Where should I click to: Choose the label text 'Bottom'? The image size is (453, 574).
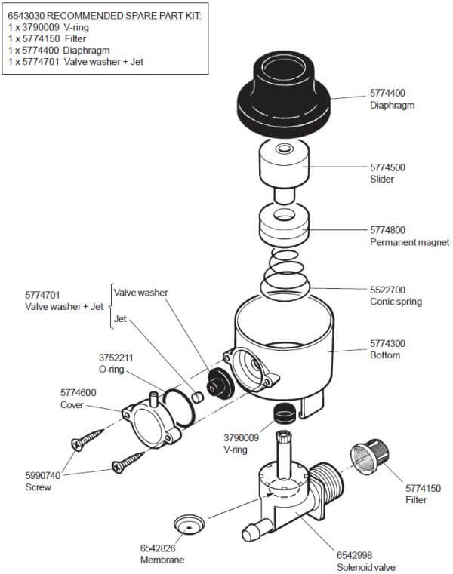pos(384,355)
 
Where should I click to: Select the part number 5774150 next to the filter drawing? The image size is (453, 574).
pos(408,487)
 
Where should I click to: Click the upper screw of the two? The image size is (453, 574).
pos(88,441)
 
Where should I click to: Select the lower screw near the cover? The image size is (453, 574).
pos(128,461)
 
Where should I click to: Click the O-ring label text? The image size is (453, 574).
pos(116,369)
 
